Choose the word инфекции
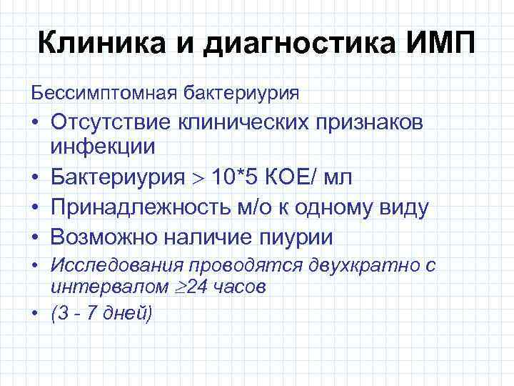pos(102,147)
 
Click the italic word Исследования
pos(117,267)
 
